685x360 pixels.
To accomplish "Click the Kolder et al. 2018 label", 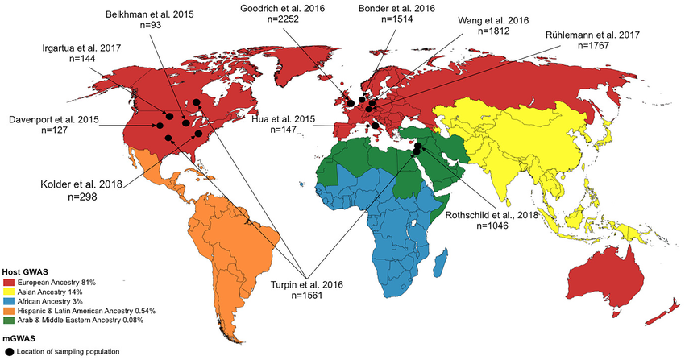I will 71,184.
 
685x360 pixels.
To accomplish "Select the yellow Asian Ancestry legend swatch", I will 10,292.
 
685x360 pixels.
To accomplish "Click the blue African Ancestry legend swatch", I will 10,301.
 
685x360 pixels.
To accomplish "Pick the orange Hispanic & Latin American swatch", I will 10,310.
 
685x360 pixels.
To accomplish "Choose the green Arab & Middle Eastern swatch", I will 10,319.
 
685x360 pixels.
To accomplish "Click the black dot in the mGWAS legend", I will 10,351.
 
